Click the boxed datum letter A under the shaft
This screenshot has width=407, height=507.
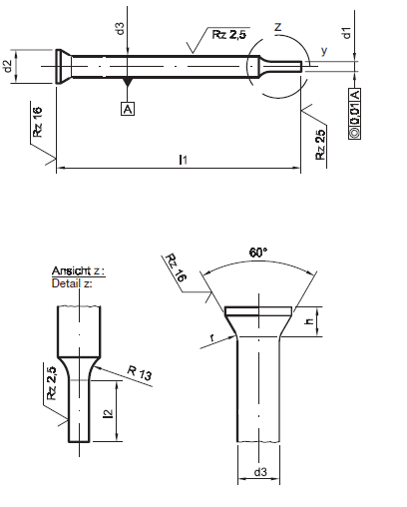128,109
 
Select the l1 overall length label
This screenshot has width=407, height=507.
184,160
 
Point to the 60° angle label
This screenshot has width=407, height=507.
258,253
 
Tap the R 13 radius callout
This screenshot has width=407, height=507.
140,372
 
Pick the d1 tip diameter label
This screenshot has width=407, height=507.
346,33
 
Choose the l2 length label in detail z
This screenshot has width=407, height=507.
109,413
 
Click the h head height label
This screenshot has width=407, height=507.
309,321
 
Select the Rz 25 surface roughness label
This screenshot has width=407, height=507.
320,145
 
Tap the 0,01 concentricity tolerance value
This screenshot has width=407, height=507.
355,114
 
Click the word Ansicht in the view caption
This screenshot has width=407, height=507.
71,270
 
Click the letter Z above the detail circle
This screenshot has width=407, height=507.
277,27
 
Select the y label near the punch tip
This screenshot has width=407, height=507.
324,51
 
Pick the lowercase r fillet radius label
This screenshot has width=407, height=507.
212,338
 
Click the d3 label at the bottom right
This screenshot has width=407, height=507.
260,472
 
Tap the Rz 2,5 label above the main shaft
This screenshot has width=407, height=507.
229,34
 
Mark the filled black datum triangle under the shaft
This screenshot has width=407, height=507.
128,81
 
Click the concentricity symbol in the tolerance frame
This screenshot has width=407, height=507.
355,133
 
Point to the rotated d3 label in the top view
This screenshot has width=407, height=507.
120,28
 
